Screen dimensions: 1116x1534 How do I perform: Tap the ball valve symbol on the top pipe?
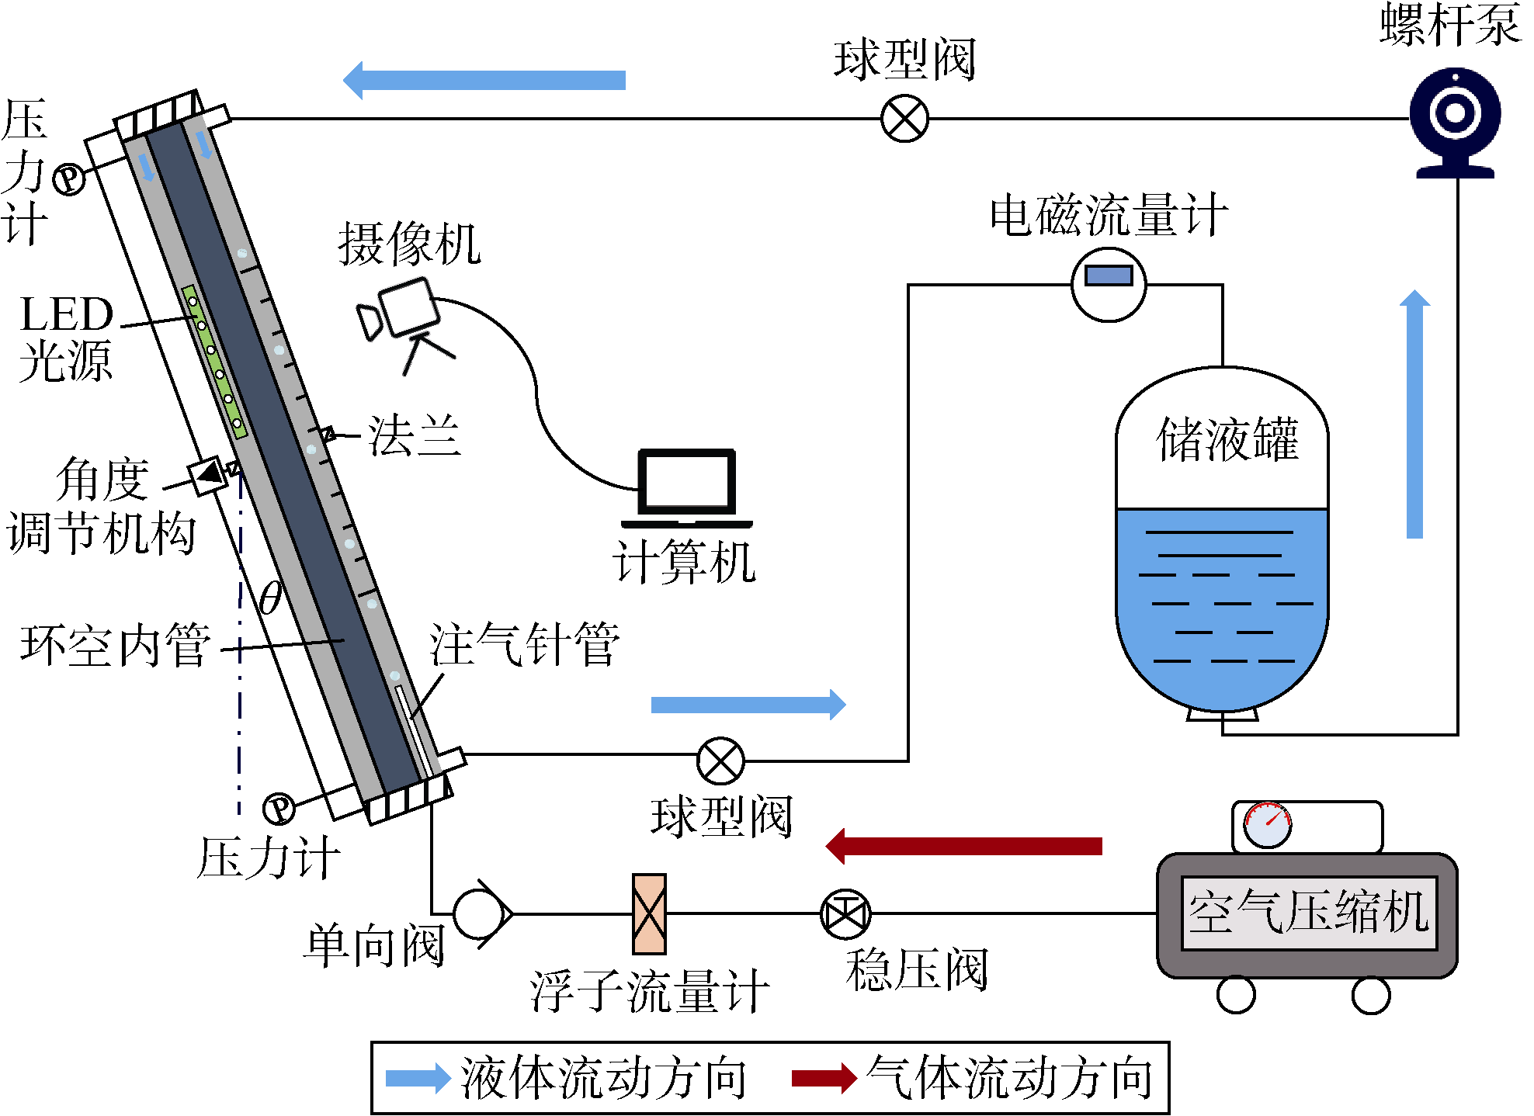(904, 119)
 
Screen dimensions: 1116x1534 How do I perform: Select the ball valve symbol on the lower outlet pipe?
(720, 761)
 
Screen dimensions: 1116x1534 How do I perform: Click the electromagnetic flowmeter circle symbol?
(1109, 284)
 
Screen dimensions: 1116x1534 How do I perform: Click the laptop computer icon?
(687, 489)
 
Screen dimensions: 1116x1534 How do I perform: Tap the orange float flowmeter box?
(649, 913)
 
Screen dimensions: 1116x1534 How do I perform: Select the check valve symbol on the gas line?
(481, 913)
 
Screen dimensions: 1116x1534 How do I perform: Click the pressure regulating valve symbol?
(845, 913)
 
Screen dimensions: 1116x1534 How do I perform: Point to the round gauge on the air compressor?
(1267, 824)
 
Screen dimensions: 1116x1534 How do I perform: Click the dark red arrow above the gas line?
(963, 846)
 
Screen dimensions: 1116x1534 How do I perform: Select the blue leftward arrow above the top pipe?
(484, 80)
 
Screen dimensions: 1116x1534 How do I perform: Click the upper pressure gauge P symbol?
(68, 179)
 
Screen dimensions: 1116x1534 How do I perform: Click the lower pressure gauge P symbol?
(279, 808)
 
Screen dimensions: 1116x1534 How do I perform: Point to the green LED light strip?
(214, 362)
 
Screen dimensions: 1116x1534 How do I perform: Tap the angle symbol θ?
(270, 598)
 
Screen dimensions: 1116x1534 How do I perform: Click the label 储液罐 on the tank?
(1227, 439)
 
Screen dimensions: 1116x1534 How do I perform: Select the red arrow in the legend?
(824, 1077)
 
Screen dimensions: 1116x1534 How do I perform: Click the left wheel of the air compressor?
(1236, 995)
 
